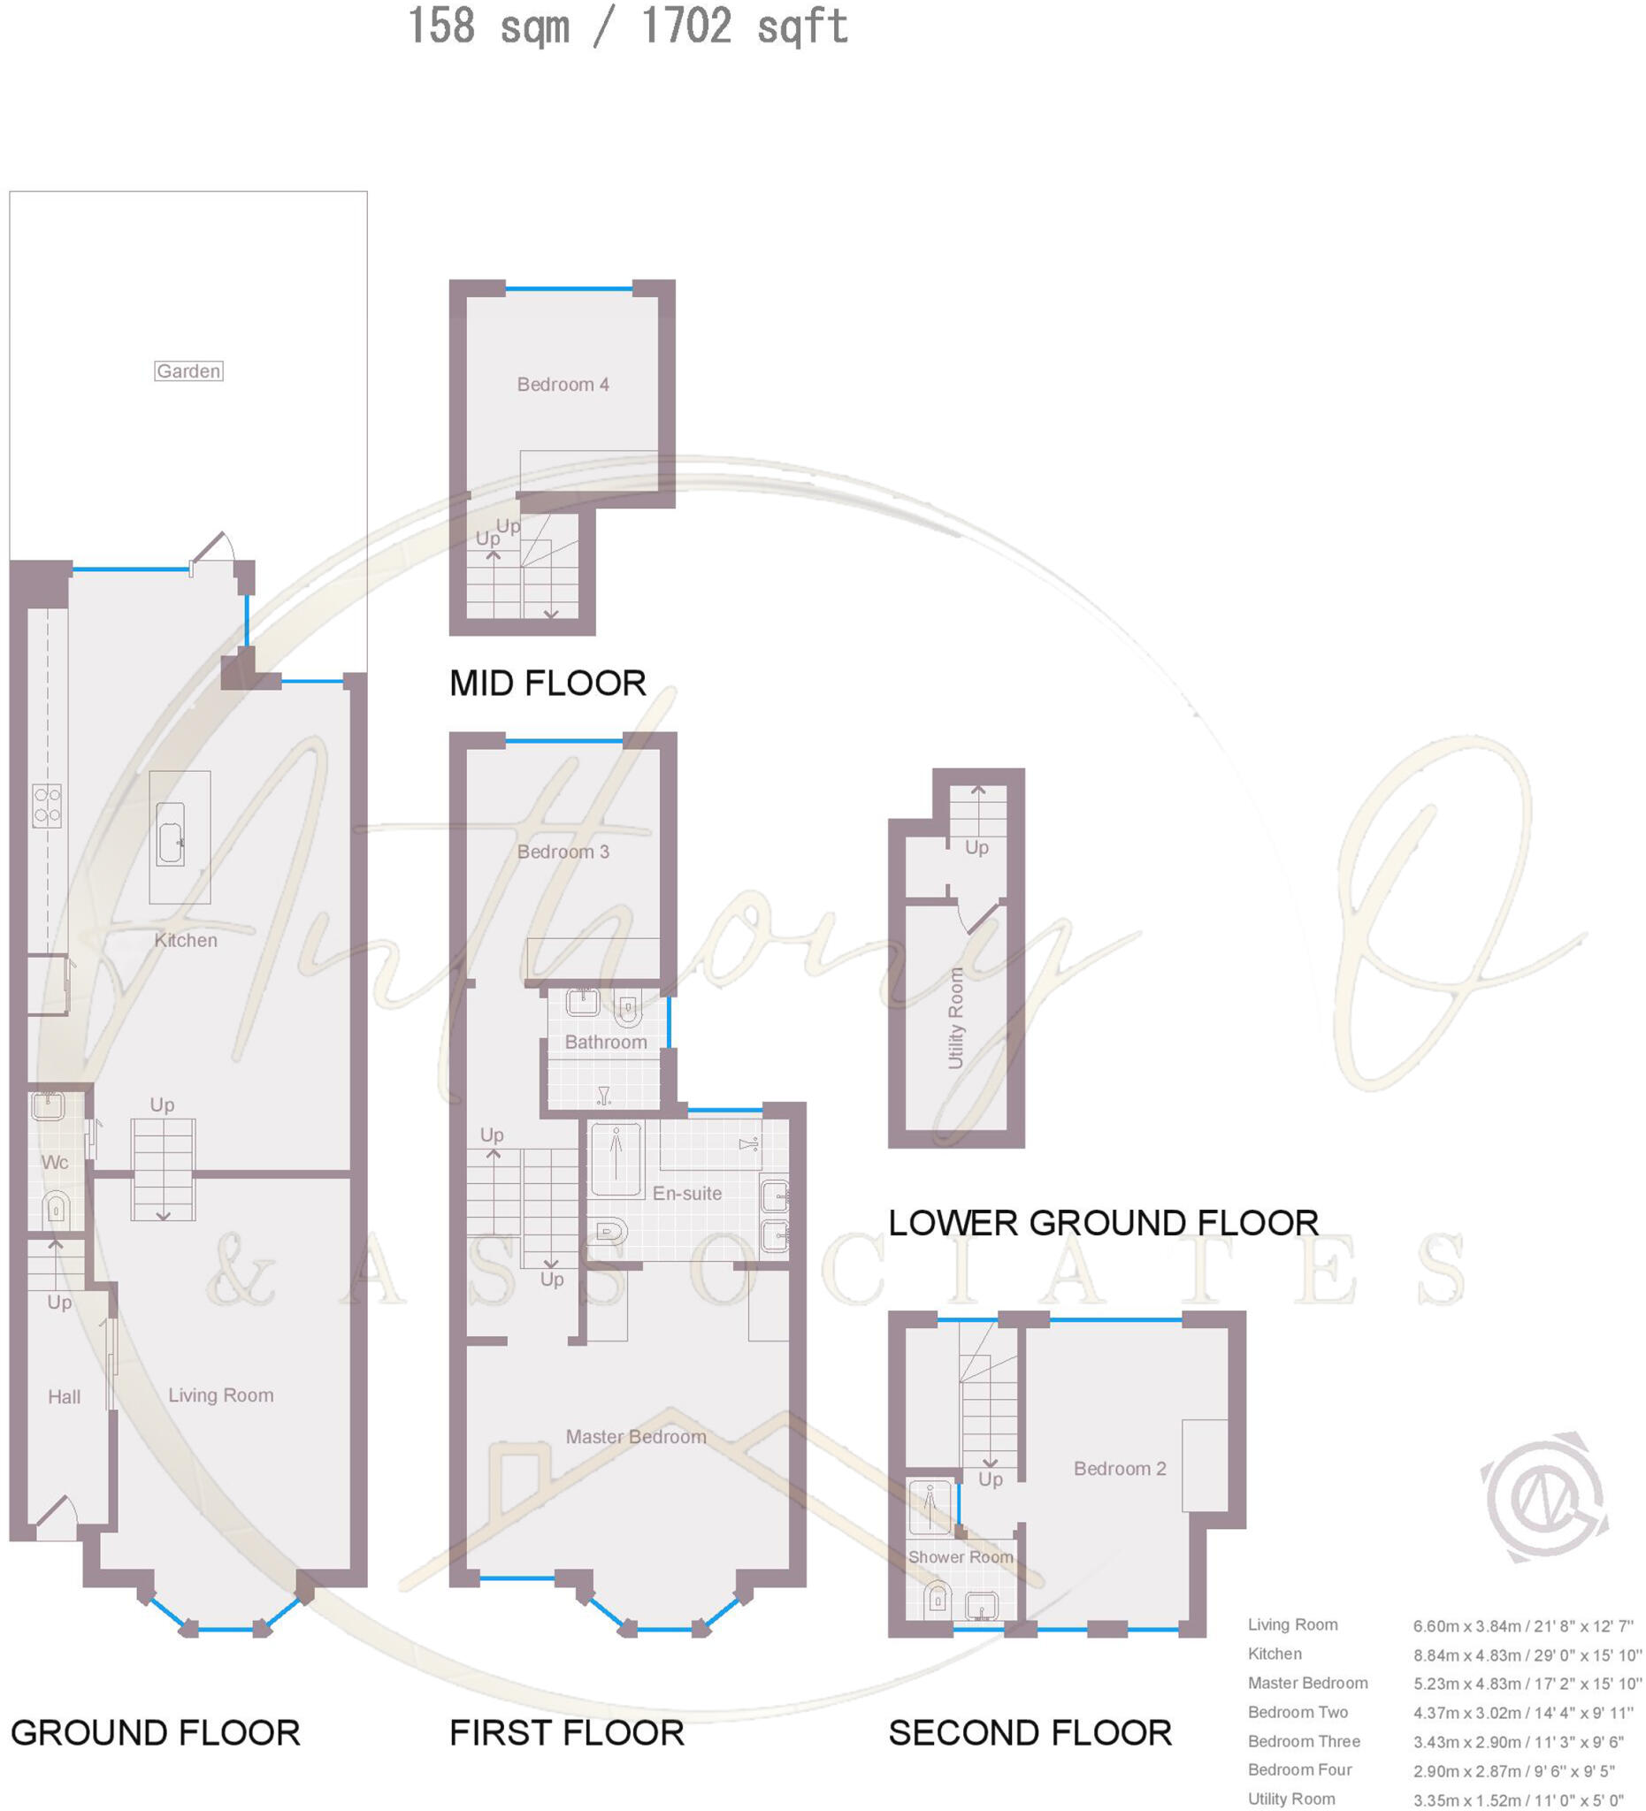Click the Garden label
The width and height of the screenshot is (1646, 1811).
188,371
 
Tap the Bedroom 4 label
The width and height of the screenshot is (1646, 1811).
563,385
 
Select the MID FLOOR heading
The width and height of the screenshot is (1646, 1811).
547,684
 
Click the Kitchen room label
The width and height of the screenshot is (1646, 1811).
186,941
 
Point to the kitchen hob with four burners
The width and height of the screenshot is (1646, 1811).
47,806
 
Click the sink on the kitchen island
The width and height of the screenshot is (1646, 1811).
171,835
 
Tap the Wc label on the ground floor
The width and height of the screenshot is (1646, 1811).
55,1163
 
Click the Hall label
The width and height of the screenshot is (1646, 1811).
64,1397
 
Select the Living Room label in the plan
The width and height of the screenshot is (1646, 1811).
221,1395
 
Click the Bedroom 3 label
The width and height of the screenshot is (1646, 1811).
563,852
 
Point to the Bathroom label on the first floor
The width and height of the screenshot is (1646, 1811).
606,1042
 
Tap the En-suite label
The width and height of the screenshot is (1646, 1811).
686,1194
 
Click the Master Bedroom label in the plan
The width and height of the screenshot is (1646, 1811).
635,1436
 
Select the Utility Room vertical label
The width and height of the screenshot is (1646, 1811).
955,1018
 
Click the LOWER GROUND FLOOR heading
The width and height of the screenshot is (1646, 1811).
1102,1224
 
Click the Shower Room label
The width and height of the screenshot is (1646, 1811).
961,1558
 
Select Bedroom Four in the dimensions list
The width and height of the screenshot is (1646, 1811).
1299,1769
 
